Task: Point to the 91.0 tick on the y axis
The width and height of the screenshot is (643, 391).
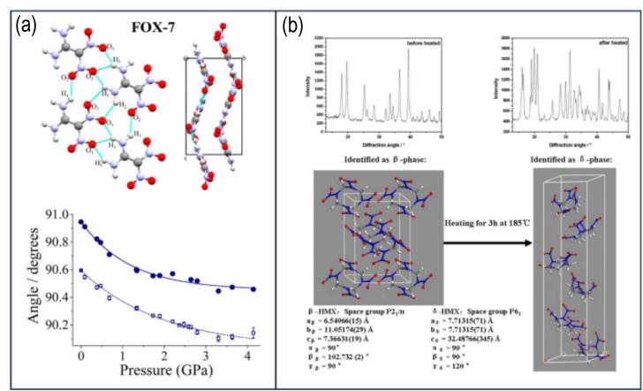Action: (x=60, y=213)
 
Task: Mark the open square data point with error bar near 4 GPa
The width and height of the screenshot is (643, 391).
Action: (x=253, y=333)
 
